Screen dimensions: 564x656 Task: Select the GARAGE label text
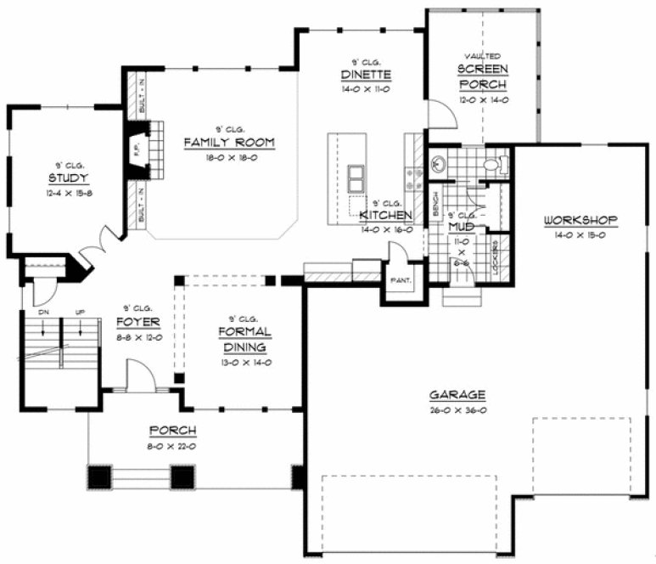point(457,394)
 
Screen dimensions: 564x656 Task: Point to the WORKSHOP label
point(580,221)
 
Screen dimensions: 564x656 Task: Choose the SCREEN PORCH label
point(482,76)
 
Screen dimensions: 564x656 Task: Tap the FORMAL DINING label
point(244,339)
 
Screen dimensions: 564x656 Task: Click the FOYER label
point(137,322)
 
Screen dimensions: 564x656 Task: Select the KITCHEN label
point(385,216)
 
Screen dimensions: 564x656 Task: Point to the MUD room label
point(459,228)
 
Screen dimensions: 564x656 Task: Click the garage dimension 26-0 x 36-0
point(457,410)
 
